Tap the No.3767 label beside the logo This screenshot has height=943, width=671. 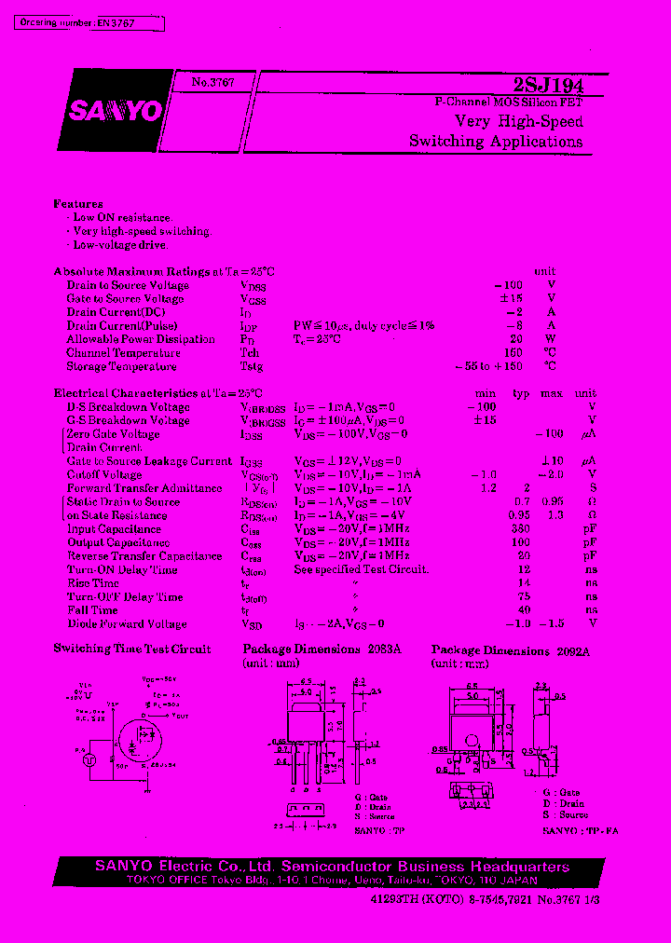coord(212,83)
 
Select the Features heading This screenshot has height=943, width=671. coord(78,203)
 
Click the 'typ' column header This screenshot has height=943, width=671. coord(521,393)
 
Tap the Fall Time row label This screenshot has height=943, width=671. coord(92,610)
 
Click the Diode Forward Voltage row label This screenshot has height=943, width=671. coord(127,624)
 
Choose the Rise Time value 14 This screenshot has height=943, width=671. coord(524,583)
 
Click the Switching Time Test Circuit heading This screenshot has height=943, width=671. coord(132,649)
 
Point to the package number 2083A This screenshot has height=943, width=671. coord(384,649)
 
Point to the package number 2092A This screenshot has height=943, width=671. coord(573,652)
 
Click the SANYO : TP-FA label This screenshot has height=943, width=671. coord(580,830)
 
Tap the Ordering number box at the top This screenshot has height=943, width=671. coord(89,23)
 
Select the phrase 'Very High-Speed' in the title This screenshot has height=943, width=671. coord(519,122)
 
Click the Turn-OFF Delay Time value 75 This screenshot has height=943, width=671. coord(524,597)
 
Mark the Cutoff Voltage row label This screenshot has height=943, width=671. coord(104,475)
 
